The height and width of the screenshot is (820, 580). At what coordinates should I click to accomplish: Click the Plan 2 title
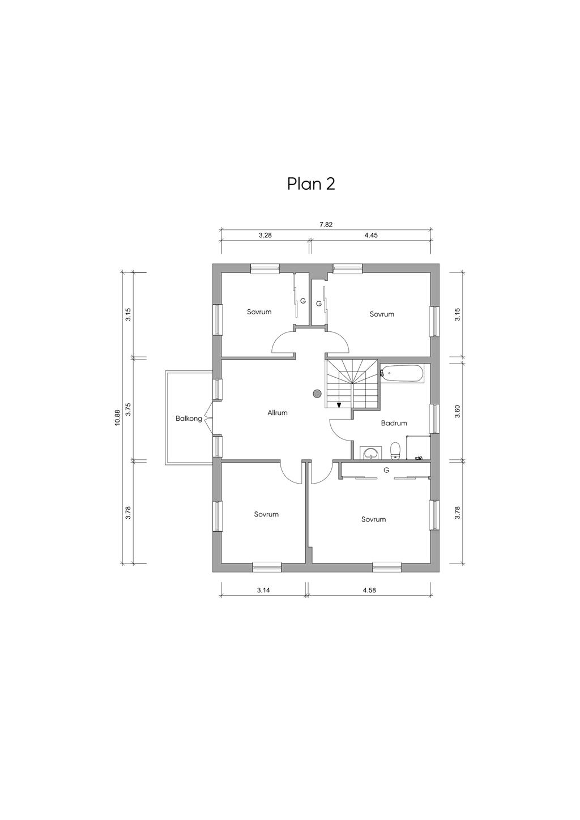(311, 184)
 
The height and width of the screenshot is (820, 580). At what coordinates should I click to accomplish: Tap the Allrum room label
(277, 413)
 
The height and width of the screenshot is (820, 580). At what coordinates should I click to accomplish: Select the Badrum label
(394, 423)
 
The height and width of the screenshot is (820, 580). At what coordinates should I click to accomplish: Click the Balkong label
(189, 419)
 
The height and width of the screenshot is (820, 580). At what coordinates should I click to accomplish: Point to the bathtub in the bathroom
(402, 374)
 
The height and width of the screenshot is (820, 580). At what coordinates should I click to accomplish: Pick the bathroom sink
(371, 452)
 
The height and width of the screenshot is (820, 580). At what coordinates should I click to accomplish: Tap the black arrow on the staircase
(339, 405)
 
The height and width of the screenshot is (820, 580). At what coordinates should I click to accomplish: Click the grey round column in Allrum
(317, 394)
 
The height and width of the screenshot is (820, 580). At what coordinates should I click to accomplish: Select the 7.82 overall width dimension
(326, 225)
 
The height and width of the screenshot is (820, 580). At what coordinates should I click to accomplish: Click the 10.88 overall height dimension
(117, 417)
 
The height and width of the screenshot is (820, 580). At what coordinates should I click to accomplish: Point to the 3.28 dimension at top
(265, 236)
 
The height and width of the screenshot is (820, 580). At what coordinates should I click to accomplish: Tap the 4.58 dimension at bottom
(369, 590)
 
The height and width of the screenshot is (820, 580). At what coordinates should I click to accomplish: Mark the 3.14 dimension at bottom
(263, 590)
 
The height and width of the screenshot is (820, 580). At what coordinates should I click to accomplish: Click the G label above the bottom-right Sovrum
(386, 470)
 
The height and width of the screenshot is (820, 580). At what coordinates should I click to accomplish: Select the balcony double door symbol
(208, 418)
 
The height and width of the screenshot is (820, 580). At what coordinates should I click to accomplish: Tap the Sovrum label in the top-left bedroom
(259, 312)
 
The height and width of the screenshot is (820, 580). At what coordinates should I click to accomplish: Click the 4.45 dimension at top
(371, 236)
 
